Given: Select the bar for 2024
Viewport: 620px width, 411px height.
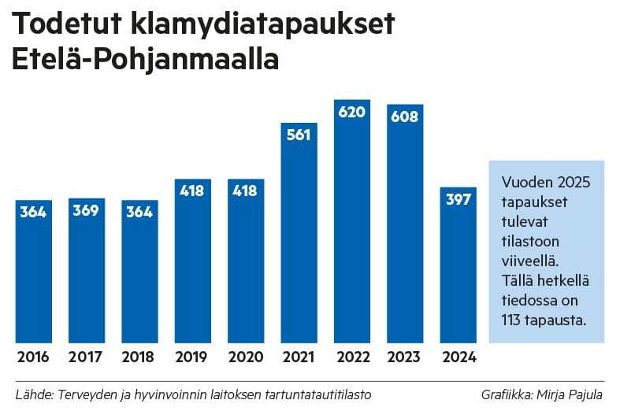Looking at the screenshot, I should [458, 268].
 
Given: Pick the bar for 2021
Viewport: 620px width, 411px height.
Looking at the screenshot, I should [299, 236].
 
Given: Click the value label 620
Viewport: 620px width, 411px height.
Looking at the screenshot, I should [352, 112].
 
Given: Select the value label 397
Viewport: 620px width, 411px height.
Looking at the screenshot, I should [458, 200].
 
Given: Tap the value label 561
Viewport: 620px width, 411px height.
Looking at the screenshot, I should [299, 135].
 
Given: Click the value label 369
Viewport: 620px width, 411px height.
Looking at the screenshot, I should [86, 211].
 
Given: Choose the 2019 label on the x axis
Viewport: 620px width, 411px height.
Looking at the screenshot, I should [192, 357].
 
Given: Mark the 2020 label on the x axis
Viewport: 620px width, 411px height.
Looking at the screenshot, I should [246, 357].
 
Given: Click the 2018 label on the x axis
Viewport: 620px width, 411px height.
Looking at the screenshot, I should [139, 357].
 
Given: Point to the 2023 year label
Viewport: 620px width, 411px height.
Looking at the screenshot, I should [405, 357].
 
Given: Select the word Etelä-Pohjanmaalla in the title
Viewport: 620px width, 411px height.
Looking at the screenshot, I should [146, 61].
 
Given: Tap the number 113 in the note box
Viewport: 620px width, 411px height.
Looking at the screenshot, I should [512, 320].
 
